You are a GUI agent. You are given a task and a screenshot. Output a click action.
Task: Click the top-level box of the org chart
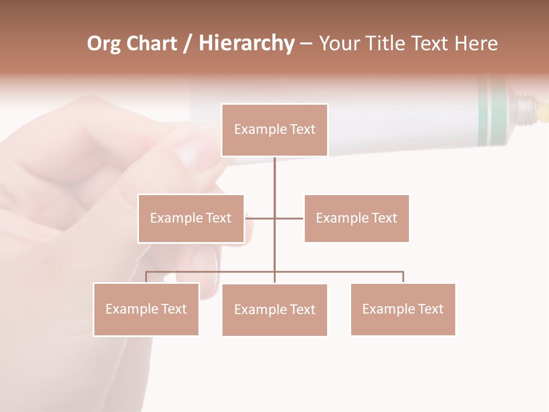tap(274, 130)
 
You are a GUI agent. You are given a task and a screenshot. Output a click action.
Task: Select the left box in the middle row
tap(191, 219)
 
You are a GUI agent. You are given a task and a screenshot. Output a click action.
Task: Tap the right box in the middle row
tap(356, 219)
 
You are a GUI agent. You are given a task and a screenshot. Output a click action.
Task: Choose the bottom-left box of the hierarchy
tap(146, 310)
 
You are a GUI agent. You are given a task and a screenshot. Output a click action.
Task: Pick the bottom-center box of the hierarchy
tap(274, 310)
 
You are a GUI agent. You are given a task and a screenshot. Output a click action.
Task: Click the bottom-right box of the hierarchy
tap(403, 310)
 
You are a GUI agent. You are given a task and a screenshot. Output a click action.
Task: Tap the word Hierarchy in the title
tap(246, 43)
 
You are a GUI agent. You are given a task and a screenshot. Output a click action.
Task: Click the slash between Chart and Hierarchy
tap(188, 44)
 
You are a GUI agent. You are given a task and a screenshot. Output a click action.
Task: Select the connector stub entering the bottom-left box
tap(146, 277)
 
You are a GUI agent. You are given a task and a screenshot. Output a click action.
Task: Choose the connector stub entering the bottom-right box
tap(403, 277)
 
